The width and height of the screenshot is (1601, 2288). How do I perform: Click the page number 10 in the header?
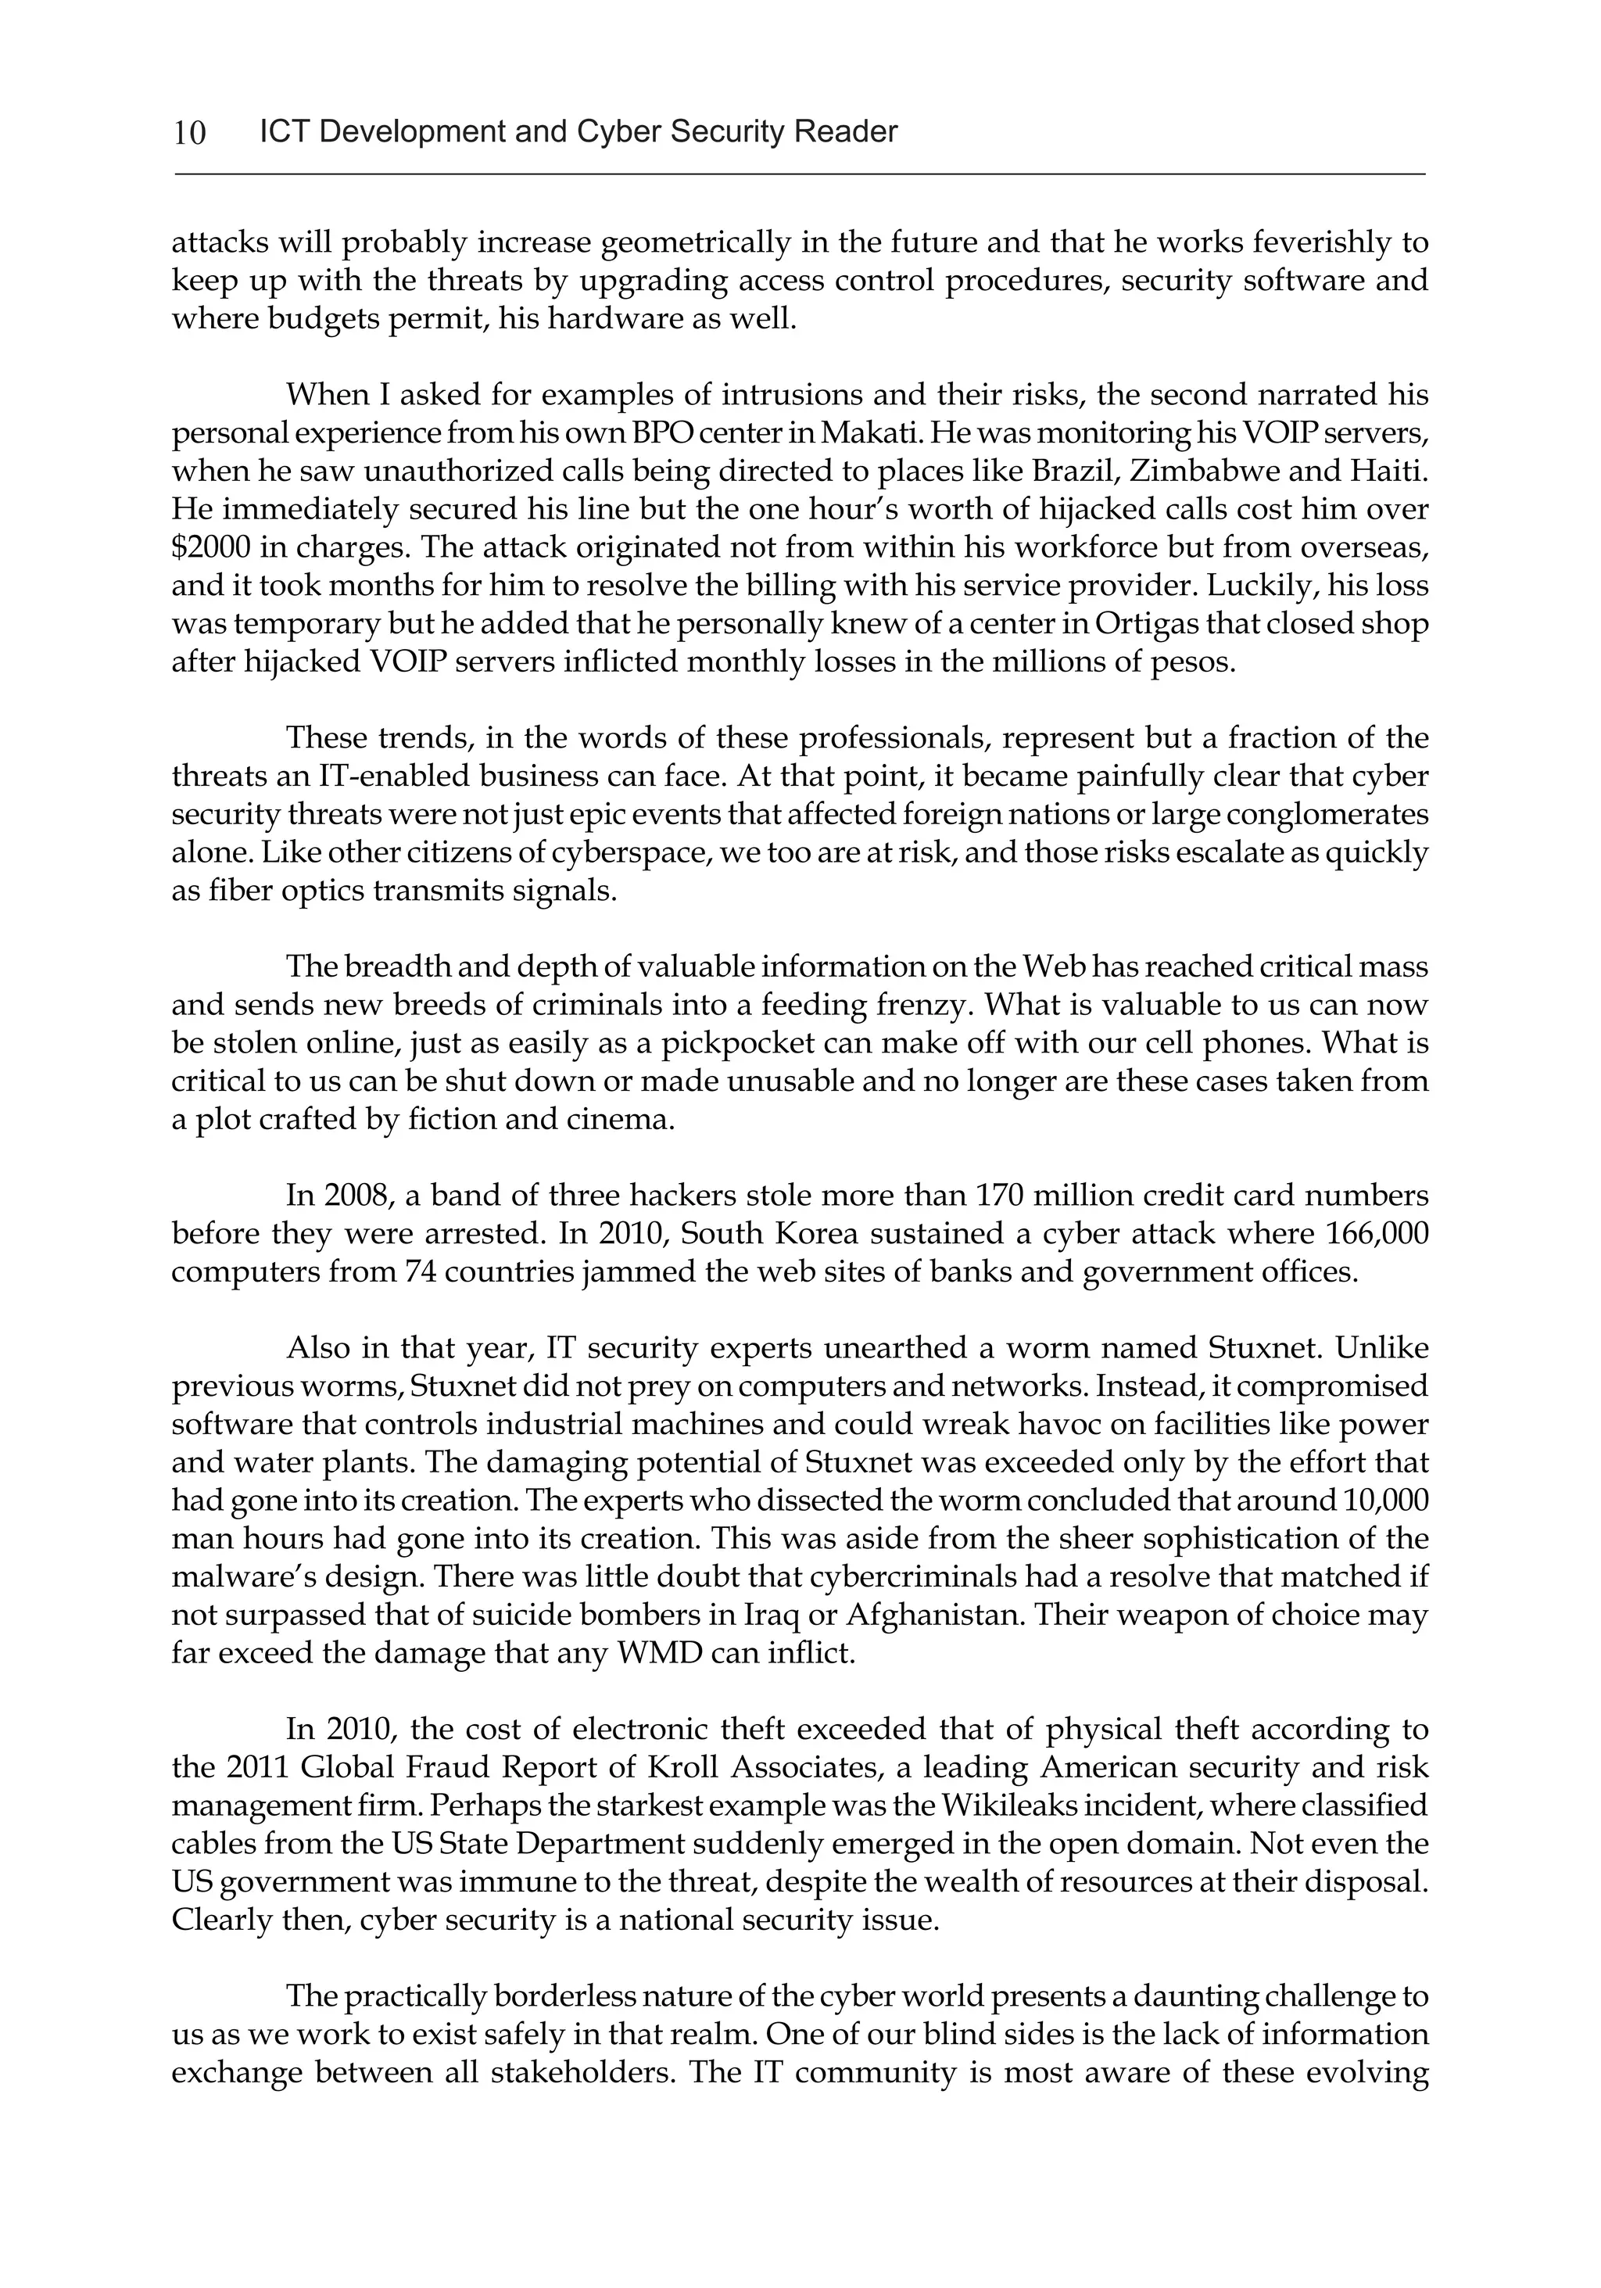coord(189,132)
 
